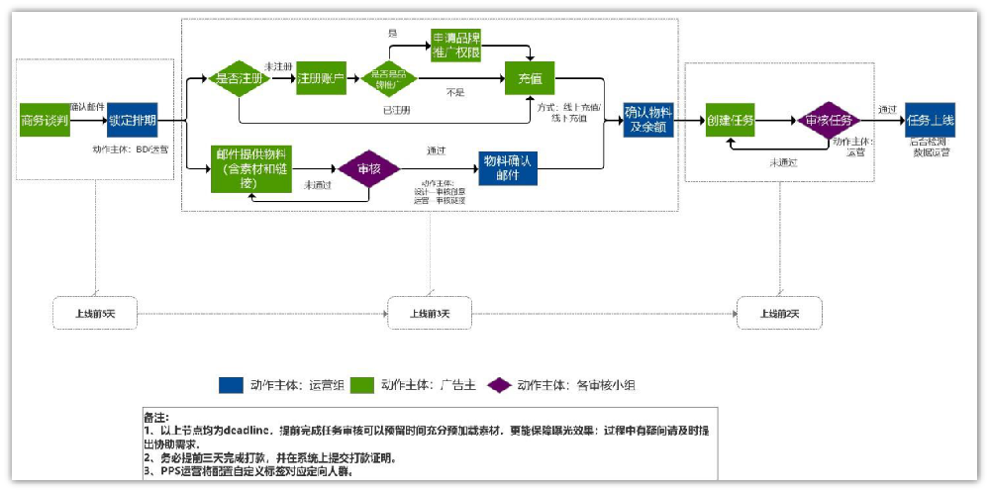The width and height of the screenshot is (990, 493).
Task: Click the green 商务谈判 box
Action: [x=45, y=121]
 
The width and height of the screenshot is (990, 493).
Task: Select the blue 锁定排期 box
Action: [x=132, y=121]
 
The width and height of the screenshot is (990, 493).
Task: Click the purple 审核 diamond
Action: [x=368, y=168]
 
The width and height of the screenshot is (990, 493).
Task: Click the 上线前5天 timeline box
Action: [x=95, y=314]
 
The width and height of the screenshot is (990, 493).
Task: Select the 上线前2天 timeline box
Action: [x=778, y=314]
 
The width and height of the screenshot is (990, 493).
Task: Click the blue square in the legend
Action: [x=231, y=385]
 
